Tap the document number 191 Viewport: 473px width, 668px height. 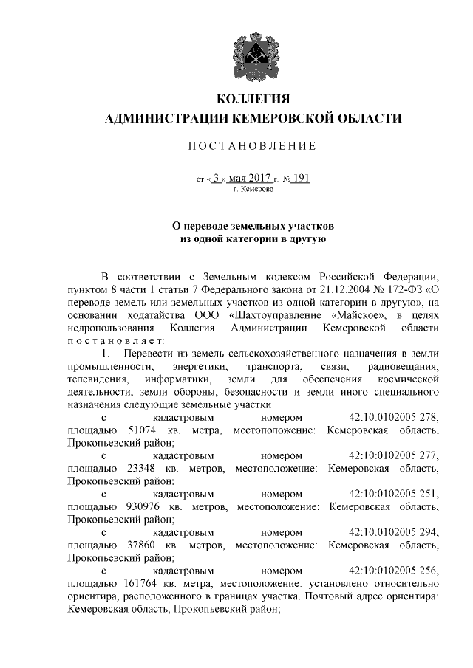point(300,178)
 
